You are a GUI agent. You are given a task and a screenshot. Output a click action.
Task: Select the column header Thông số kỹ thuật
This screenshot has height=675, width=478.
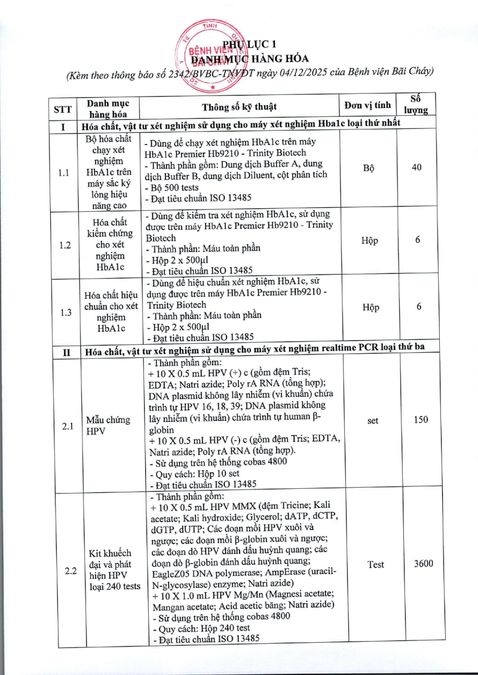click(x=239, y=107)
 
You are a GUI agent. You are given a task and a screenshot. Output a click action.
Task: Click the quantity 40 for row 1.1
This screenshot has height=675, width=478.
click(x=416, y=168)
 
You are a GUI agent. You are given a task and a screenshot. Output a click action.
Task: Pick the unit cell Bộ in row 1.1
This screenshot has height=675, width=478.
click(x=369, y=168)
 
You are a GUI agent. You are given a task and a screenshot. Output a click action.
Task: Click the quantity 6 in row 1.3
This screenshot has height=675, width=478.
click(x=419, y=307)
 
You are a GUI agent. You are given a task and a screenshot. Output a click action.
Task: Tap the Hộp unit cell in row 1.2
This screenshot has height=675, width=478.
click(x=370, y=241)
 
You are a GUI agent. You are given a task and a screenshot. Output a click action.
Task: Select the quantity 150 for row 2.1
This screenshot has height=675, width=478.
click(x=421, y=420)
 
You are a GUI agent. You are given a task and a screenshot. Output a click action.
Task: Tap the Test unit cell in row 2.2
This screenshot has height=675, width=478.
click(x=375, y=565)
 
